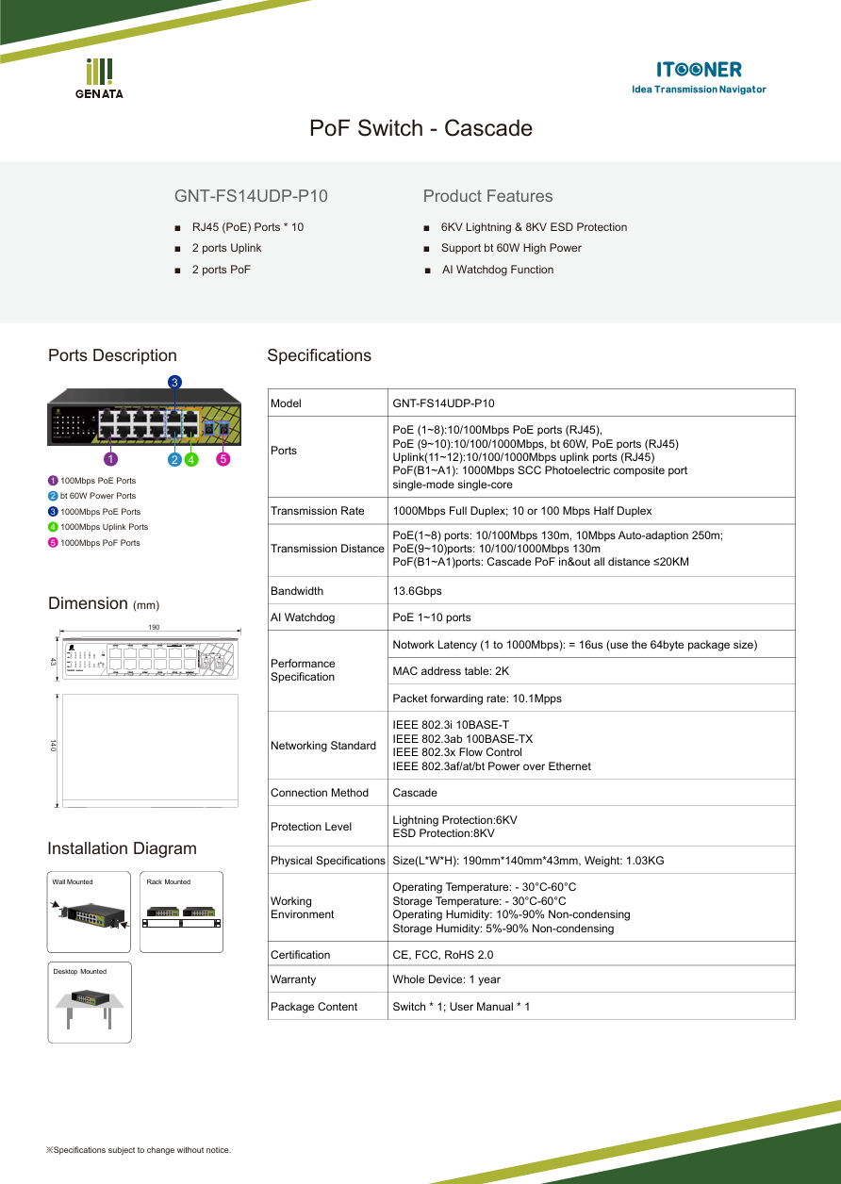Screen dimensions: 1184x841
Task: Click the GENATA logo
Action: [x=99, y=78]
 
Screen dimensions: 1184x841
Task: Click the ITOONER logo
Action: [x=699, y=75]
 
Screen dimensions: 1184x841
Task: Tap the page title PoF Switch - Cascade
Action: [x=420, y=128]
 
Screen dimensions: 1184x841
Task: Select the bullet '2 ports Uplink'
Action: [x=226, y=248]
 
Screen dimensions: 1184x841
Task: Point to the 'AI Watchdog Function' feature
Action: [x=498, y=270]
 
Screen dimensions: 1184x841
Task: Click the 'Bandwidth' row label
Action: [x=297, y=591]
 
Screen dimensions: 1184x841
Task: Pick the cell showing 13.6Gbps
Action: [x=417, y=591]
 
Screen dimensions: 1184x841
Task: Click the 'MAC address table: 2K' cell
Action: [x=451, y=671]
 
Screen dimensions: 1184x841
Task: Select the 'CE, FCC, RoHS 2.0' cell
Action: [x=442, y=955]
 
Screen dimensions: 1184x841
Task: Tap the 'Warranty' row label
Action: [x=293, y=979]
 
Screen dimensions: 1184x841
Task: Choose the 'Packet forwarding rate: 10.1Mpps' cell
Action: [x=477, y=699]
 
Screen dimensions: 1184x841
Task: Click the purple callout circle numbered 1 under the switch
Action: [x=110, y=459]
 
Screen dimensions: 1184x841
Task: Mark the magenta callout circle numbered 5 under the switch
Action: [x=223, y=459]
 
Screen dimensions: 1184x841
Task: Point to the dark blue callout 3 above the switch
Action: [x=174, y=381]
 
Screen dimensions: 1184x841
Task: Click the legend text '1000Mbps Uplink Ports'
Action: [x=104, y=527]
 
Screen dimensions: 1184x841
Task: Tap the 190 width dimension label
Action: [x=154, y=628]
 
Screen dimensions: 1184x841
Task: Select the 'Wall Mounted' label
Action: [x=73, y=882]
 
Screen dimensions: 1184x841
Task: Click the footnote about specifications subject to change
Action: [x=139, y=1150]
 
